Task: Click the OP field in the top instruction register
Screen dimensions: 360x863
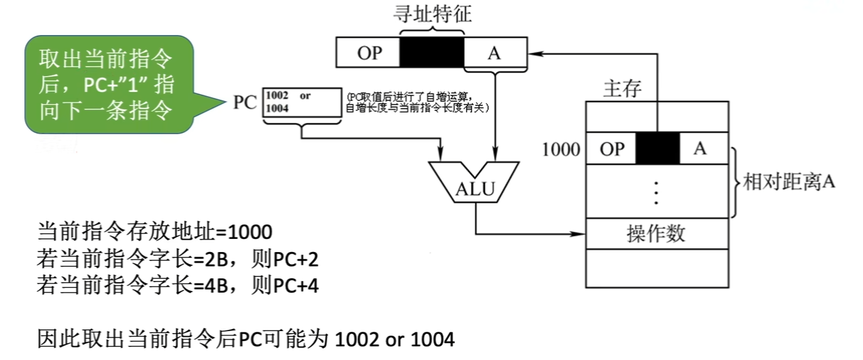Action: pos(369,53)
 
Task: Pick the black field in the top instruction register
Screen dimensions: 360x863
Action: pos(432,53)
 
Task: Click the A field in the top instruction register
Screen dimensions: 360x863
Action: pos(494,53)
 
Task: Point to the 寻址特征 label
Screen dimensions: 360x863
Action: pos(432,14)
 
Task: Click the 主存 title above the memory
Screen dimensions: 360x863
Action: pos(622,88)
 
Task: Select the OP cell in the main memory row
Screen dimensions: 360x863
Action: pos(612,149)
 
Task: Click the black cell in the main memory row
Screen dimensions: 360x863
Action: pos(658,149)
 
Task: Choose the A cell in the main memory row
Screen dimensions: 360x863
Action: pos(701,149)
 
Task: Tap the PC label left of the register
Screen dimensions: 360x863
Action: pos(245,102)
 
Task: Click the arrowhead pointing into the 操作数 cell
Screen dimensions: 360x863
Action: pos(580,235)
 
